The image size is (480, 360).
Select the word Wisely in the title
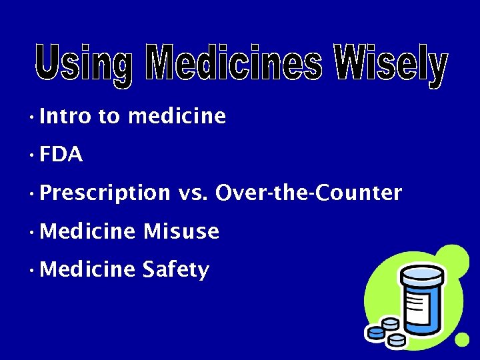(x=390, y=65)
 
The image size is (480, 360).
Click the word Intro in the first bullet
(x=65, y=117)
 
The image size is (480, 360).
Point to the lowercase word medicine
(x=177, y=117)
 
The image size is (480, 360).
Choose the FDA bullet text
(x=61, y=155)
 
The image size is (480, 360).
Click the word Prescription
(x=105, y=193)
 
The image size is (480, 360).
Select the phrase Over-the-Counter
(x=309, y=193)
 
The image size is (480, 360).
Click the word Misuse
(x=181, y=231)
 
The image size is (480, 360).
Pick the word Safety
(x=176, y=270)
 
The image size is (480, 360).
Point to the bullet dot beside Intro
(x=31, y=118)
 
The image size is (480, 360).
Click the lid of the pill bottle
(x=421, y=273)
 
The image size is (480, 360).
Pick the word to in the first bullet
(x=109, y=117)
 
